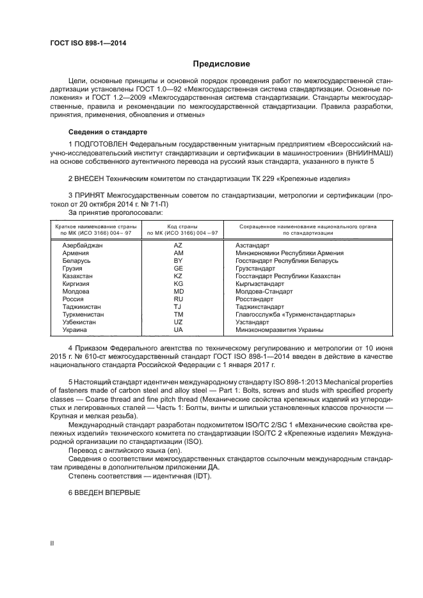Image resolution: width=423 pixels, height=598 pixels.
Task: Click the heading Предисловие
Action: coord(222,64)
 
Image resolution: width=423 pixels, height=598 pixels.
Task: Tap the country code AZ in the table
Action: coord(179,245)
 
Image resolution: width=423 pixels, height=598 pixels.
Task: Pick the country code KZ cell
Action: coord(179,276)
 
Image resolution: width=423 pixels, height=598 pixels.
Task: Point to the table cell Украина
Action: coord(75,330)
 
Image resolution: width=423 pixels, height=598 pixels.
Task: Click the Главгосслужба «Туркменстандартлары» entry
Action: coord(295,315)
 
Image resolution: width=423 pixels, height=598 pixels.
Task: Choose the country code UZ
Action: coord(179,322)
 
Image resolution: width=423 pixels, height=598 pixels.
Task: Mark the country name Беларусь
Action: coord(77,260)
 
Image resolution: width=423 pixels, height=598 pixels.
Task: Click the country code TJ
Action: coord(179,306)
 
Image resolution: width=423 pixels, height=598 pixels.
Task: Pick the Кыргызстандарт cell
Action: coord(260,283)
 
